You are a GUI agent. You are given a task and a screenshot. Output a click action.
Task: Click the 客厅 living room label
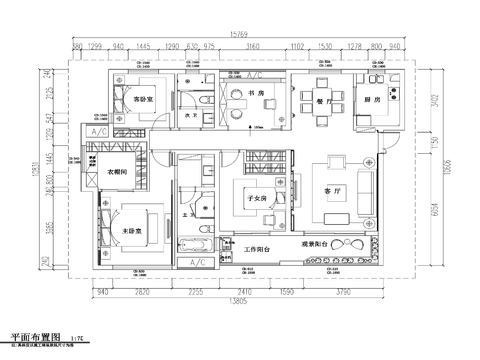tap(333, 190)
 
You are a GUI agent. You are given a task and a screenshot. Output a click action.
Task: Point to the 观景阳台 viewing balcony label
tap(318, 243)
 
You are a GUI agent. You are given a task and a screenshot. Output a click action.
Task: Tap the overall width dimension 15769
tap(239, 33)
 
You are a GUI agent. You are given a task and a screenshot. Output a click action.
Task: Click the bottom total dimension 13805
tap(238, 301)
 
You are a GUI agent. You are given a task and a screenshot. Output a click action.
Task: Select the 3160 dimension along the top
tap(253, 47)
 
